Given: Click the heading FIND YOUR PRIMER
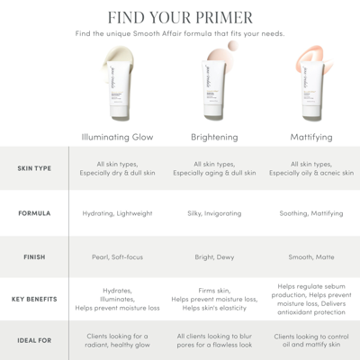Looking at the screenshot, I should [180, 17].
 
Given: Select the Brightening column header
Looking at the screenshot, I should [214, 137].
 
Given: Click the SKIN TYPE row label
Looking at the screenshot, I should [33, 168].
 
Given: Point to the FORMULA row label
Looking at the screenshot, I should [33, 213].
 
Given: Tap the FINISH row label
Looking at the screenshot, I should [33, 256].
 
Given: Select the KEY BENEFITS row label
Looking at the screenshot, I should [33, 299].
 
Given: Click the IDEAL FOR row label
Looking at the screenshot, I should [33, 340].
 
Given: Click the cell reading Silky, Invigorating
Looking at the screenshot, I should [214, 213].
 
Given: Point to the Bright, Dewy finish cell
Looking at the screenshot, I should [214, 256].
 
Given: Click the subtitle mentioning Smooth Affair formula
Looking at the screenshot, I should [180, 34].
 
